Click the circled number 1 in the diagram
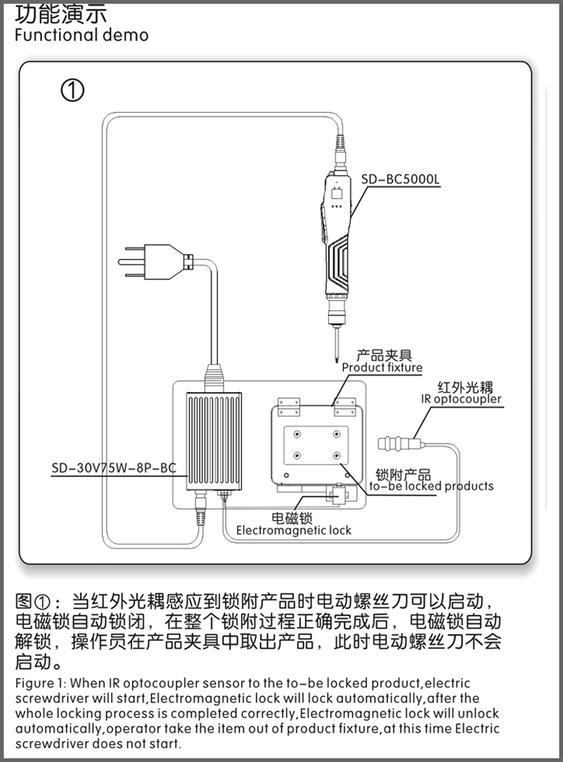tap(72, 91)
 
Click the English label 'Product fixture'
tap(382, 368)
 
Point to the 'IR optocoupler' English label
tap(462, 399)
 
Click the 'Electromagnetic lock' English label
tap(294, 530)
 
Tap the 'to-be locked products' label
tap(432, 486)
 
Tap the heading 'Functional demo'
tap(81, 35)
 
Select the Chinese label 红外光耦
tap(465, 387)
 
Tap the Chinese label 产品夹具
tap(383, 355)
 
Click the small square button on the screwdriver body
tap(337, 192)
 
